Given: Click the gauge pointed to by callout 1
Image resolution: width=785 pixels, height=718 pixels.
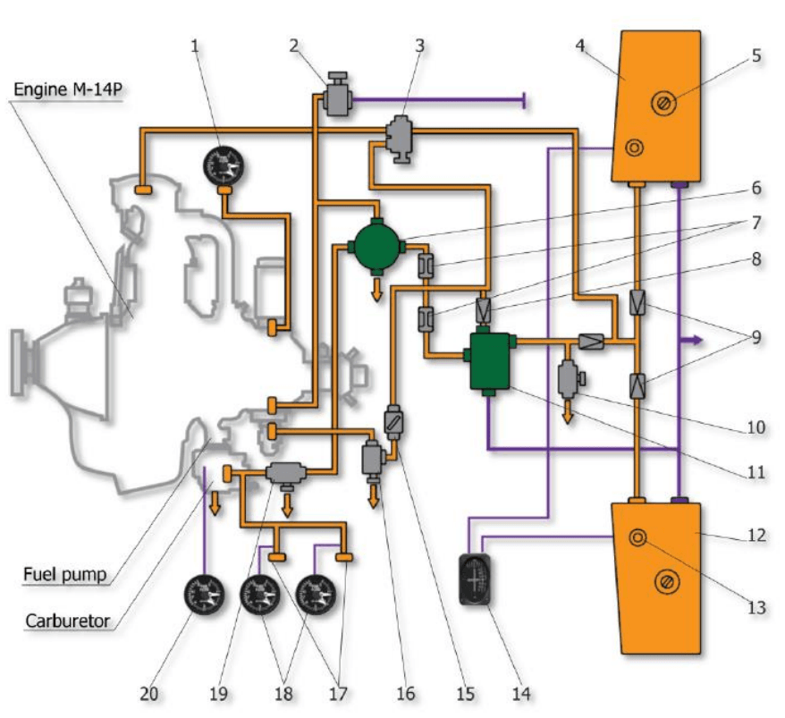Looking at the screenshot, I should point(224,167).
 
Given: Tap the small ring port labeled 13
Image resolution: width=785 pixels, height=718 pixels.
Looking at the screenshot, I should point(637,538).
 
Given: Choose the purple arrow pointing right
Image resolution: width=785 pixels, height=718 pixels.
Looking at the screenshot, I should point(694,341).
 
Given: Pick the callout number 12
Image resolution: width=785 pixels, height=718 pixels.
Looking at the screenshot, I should point(756,536).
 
